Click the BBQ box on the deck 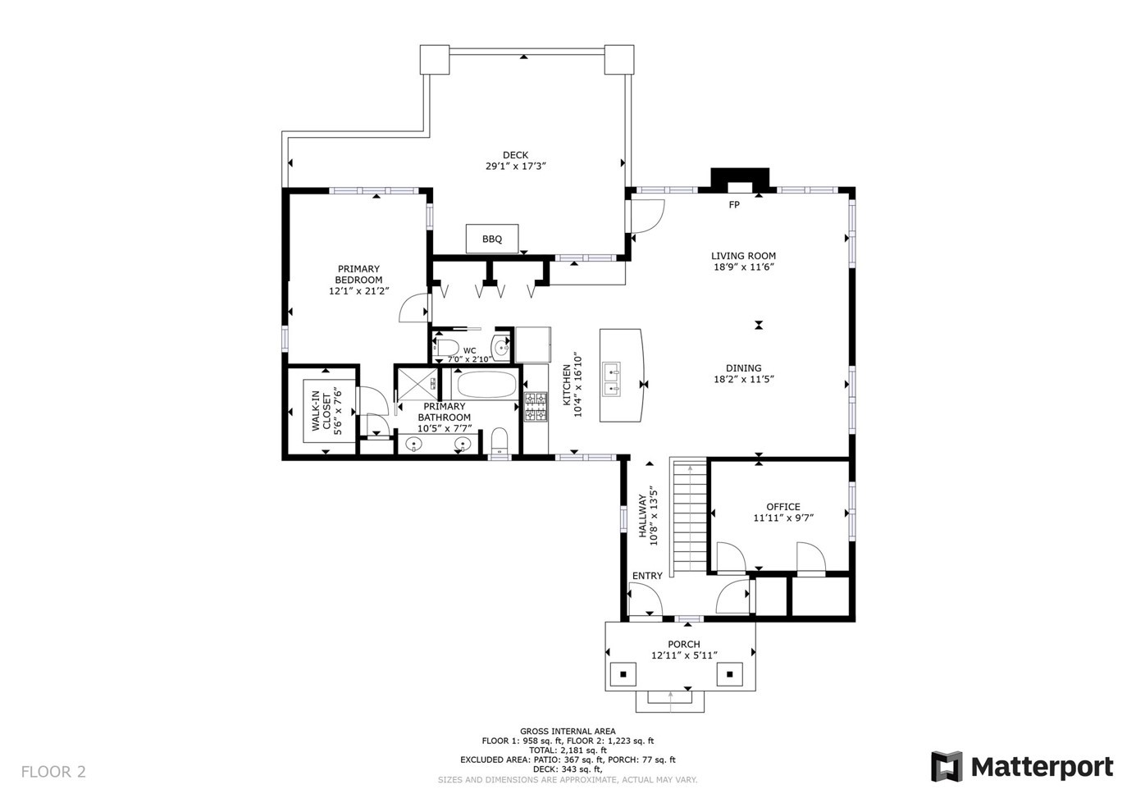point(492,239)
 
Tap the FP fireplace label point(734,205)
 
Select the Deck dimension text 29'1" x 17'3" point(515,167)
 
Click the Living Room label point(743,256)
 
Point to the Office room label point(782,507)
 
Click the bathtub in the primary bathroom point(486,384)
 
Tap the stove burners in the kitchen point(536,407)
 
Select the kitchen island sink point(613,378)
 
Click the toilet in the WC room point(445,347)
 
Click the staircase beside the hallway point(689,518)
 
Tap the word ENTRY point(647,576)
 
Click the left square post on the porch point(623,674)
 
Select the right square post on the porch point(729,674)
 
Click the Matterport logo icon point(946,767)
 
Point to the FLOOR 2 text point(53,772)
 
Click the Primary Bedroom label point(358,274)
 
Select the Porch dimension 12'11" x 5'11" point(684,655)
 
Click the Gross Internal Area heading point(568,732)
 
